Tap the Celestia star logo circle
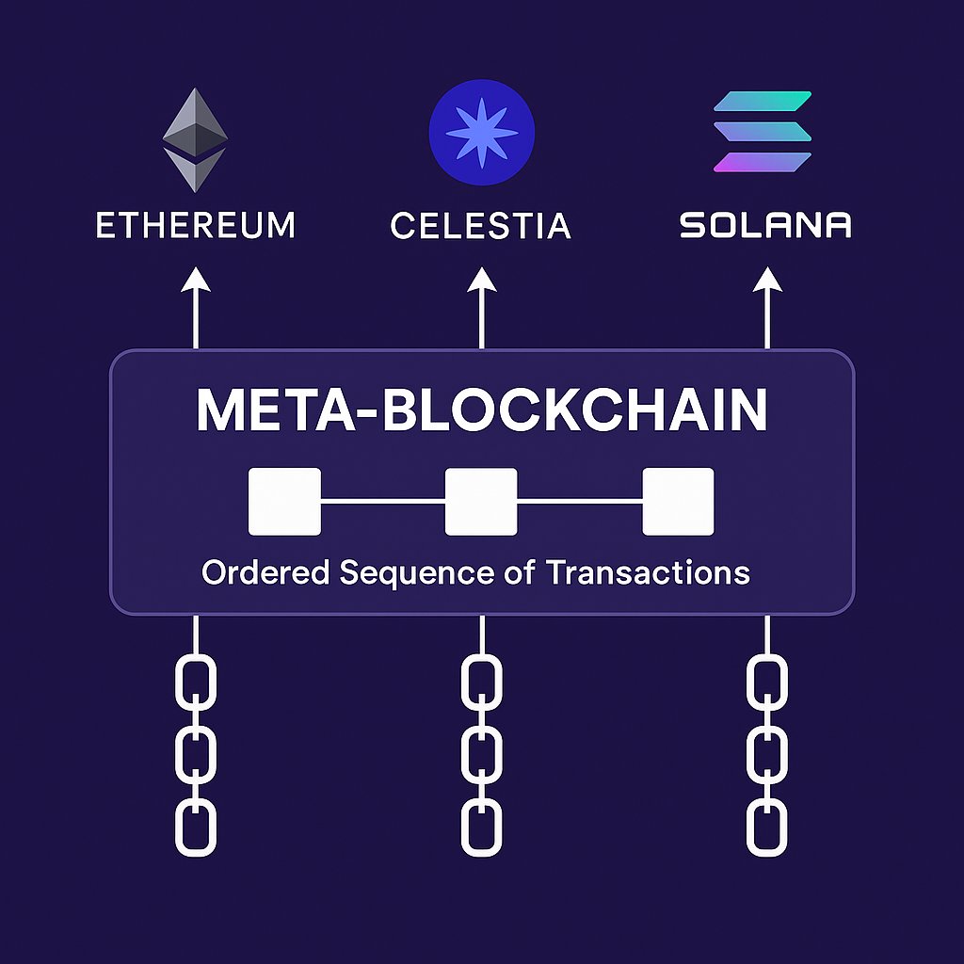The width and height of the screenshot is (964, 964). coord(481,131)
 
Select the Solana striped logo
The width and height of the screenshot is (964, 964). coord(763,132)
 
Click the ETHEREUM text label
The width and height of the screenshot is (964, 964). coord(196,226)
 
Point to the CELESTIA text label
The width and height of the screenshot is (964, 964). coord(480,226)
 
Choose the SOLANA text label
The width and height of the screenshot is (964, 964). coord(764,226)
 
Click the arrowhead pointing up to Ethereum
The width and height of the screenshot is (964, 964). coord(196,281)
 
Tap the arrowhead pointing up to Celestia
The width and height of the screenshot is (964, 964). coord(481,281)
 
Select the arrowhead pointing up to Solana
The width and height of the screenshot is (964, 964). coord(767,281)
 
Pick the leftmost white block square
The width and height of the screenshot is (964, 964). coord(284,502)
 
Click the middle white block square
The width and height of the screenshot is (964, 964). coord(481,502)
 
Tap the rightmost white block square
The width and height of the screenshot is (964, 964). coord(678,502)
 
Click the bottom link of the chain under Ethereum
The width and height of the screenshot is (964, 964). coord(196,827)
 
